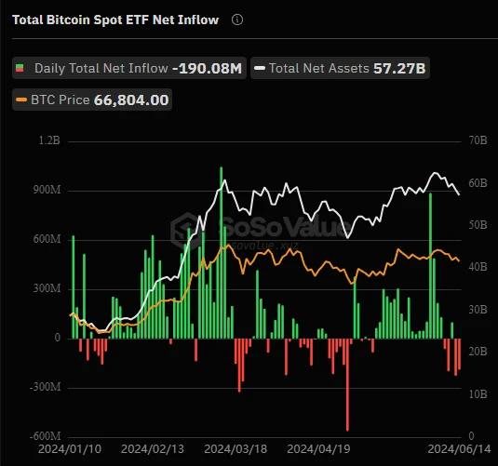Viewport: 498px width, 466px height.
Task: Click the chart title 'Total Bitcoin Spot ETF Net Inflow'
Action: pos(115,20)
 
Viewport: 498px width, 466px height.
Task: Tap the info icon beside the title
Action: pos(238,20)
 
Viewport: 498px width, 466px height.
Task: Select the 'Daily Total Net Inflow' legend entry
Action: pos(101,68)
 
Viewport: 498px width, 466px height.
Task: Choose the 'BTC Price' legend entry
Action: pos(57,99)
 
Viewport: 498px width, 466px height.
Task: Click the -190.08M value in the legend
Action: pos(207,68)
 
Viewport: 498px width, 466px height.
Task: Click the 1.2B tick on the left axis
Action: pos(48,140)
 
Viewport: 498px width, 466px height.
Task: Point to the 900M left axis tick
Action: pos(45,190)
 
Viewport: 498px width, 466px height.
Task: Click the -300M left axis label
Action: pos(43,387)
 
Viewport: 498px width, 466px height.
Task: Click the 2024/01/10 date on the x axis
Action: pos(70,448)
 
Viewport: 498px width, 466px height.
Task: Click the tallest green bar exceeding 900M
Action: pos(221,252)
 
